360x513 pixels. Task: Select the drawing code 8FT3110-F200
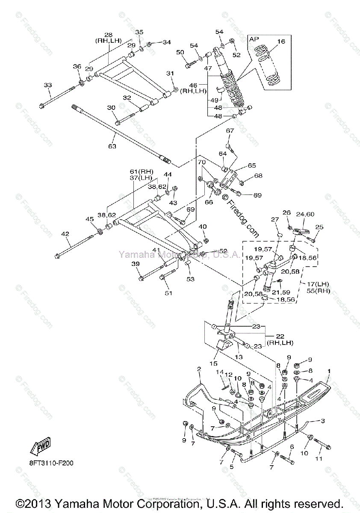point(52,463)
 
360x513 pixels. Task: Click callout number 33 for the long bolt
point(47,85)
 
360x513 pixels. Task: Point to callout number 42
point(65,234)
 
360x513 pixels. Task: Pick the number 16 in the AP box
point(281,41)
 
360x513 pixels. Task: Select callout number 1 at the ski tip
point(329,371)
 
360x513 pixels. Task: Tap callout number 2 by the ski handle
point(199,369)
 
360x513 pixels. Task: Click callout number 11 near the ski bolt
point(319,459)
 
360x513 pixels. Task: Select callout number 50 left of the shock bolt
point(180,52)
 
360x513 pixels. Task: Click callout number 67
point(230,131)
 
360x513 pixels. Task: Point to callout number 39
point(136,264)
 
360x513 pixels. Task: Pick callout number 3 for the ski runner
point(323,421)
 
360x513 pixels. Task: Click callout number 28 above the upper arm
point(108,34)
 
